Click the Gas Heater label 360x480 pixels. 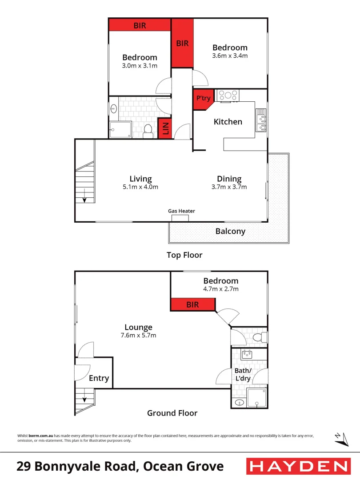pyautogui.click(x=181, y=211)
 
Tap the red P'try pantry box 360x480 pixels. pyautogui.click(x=203, y=99)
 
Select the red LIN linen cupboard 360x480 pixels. pyautogui.click(x=165, y=128)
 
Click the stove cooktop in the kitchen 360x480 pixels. pyautogui.click(x=227, y=95)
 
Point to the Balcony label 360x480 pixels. pyautogui.click(x=230, y=231)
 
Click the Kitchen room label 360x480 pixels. pyautogui.click(x=228, y=122)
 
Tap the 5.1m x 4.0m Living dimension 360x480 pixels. pyautogui.click(x=140, y=187)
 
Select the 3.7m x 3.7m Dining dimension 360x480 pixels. pyautogui.click(x=229, y=187)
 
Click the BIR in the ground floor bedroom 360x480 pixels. pyautogui.click(x=193, y=305)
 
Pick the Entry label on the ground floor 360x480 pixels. pyautogui.click(x=99, y=378)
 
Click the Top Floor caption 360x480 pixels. pyautogui.click(x=184, y=255)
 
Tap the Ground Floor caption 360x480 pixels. pyautogui.click(x=172, y=413)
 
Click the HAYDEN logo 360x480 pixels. pyautogui.click(x=298, y=466)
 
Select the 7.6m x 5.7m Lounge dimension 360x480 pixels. pyautogui.click(x=138, y=336)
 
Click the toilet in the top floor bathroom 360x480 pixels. pyautogui.click(x=148, y=131)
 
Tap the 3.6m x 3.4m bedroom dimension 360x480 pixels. pyautogui.click(x=230, y=56)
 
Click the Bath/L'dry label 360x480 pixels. pyautogui.click(x=243, y=375)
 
